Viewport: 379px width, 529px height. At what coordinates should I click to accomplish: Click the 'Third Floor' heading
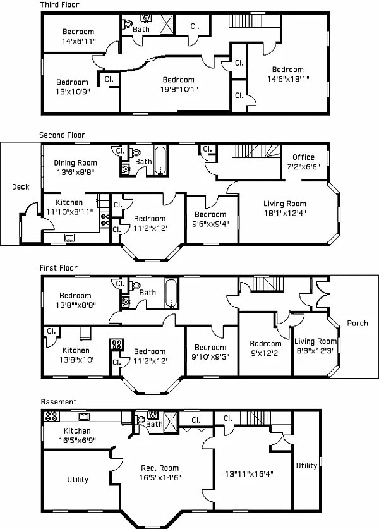coord(59,5)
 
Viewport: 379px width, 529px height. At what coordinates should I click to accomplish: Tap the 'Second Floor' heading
coord(62,135)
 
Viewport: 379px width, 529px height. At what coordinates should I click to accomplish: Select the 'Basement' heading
coord(59,401)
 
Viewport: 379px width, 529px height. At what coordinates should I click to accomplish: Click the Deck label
coord(21,187)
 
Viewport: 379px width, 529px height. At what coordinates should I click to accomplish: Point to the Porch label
coord(358,323)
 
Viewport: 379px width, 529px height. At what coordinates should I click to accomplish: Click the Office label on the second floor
coord(303,157)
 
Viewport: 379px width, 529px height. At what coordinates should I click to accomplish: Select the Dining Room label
coord(75,163)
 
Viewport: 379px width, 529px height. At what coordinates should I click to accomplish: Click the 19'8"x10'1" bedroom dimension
coord(178,89)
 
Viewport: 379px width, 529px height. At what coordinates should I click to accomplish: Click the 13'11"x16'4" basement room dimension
coord(249,473)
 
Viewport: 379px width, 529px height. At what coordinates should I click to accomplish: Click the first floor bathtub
coord(171,292)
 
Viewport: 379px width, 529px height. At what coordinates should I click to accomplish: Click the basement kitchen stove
coord(51,417)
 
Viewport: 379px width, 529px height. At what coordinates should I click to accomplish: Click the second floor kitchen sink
coord(70,237)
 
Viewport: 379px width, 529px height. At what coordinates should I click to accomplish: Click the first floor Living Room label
coord(315,345)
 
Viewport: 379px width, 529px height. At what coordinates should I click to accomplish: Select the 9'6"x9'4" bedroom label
coord(210,219)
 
